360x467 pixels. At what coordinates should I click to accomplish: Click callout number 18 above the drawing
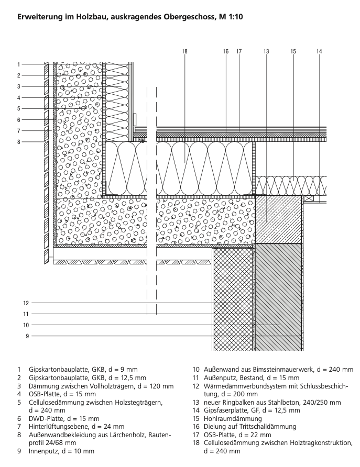point(184,51)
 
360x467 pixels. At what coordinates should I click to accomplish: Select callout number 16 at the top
point(225,51)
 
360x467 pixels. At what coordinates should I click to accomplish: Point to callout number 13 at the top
point(266,51)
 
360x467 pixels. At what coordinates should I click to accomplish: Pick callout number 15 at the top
point(293,51)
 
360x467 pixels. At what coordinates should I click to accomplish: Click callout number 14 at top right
point(319,51)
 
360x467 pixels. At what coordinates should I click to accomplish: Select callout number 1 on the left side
point(18,64)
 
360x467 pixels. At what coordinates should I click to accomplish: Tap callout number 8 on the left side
point(18,142)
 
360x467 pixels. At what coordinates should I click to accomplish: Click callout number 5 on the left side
point(18,108)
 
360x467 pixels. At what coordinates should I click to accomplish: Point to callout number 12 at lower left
point(25,303)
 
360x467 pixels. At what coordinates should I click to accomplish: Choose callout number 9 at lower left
point(26,336)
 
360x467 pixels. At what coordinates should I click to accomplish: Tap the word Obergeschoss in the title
point(188,17)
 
